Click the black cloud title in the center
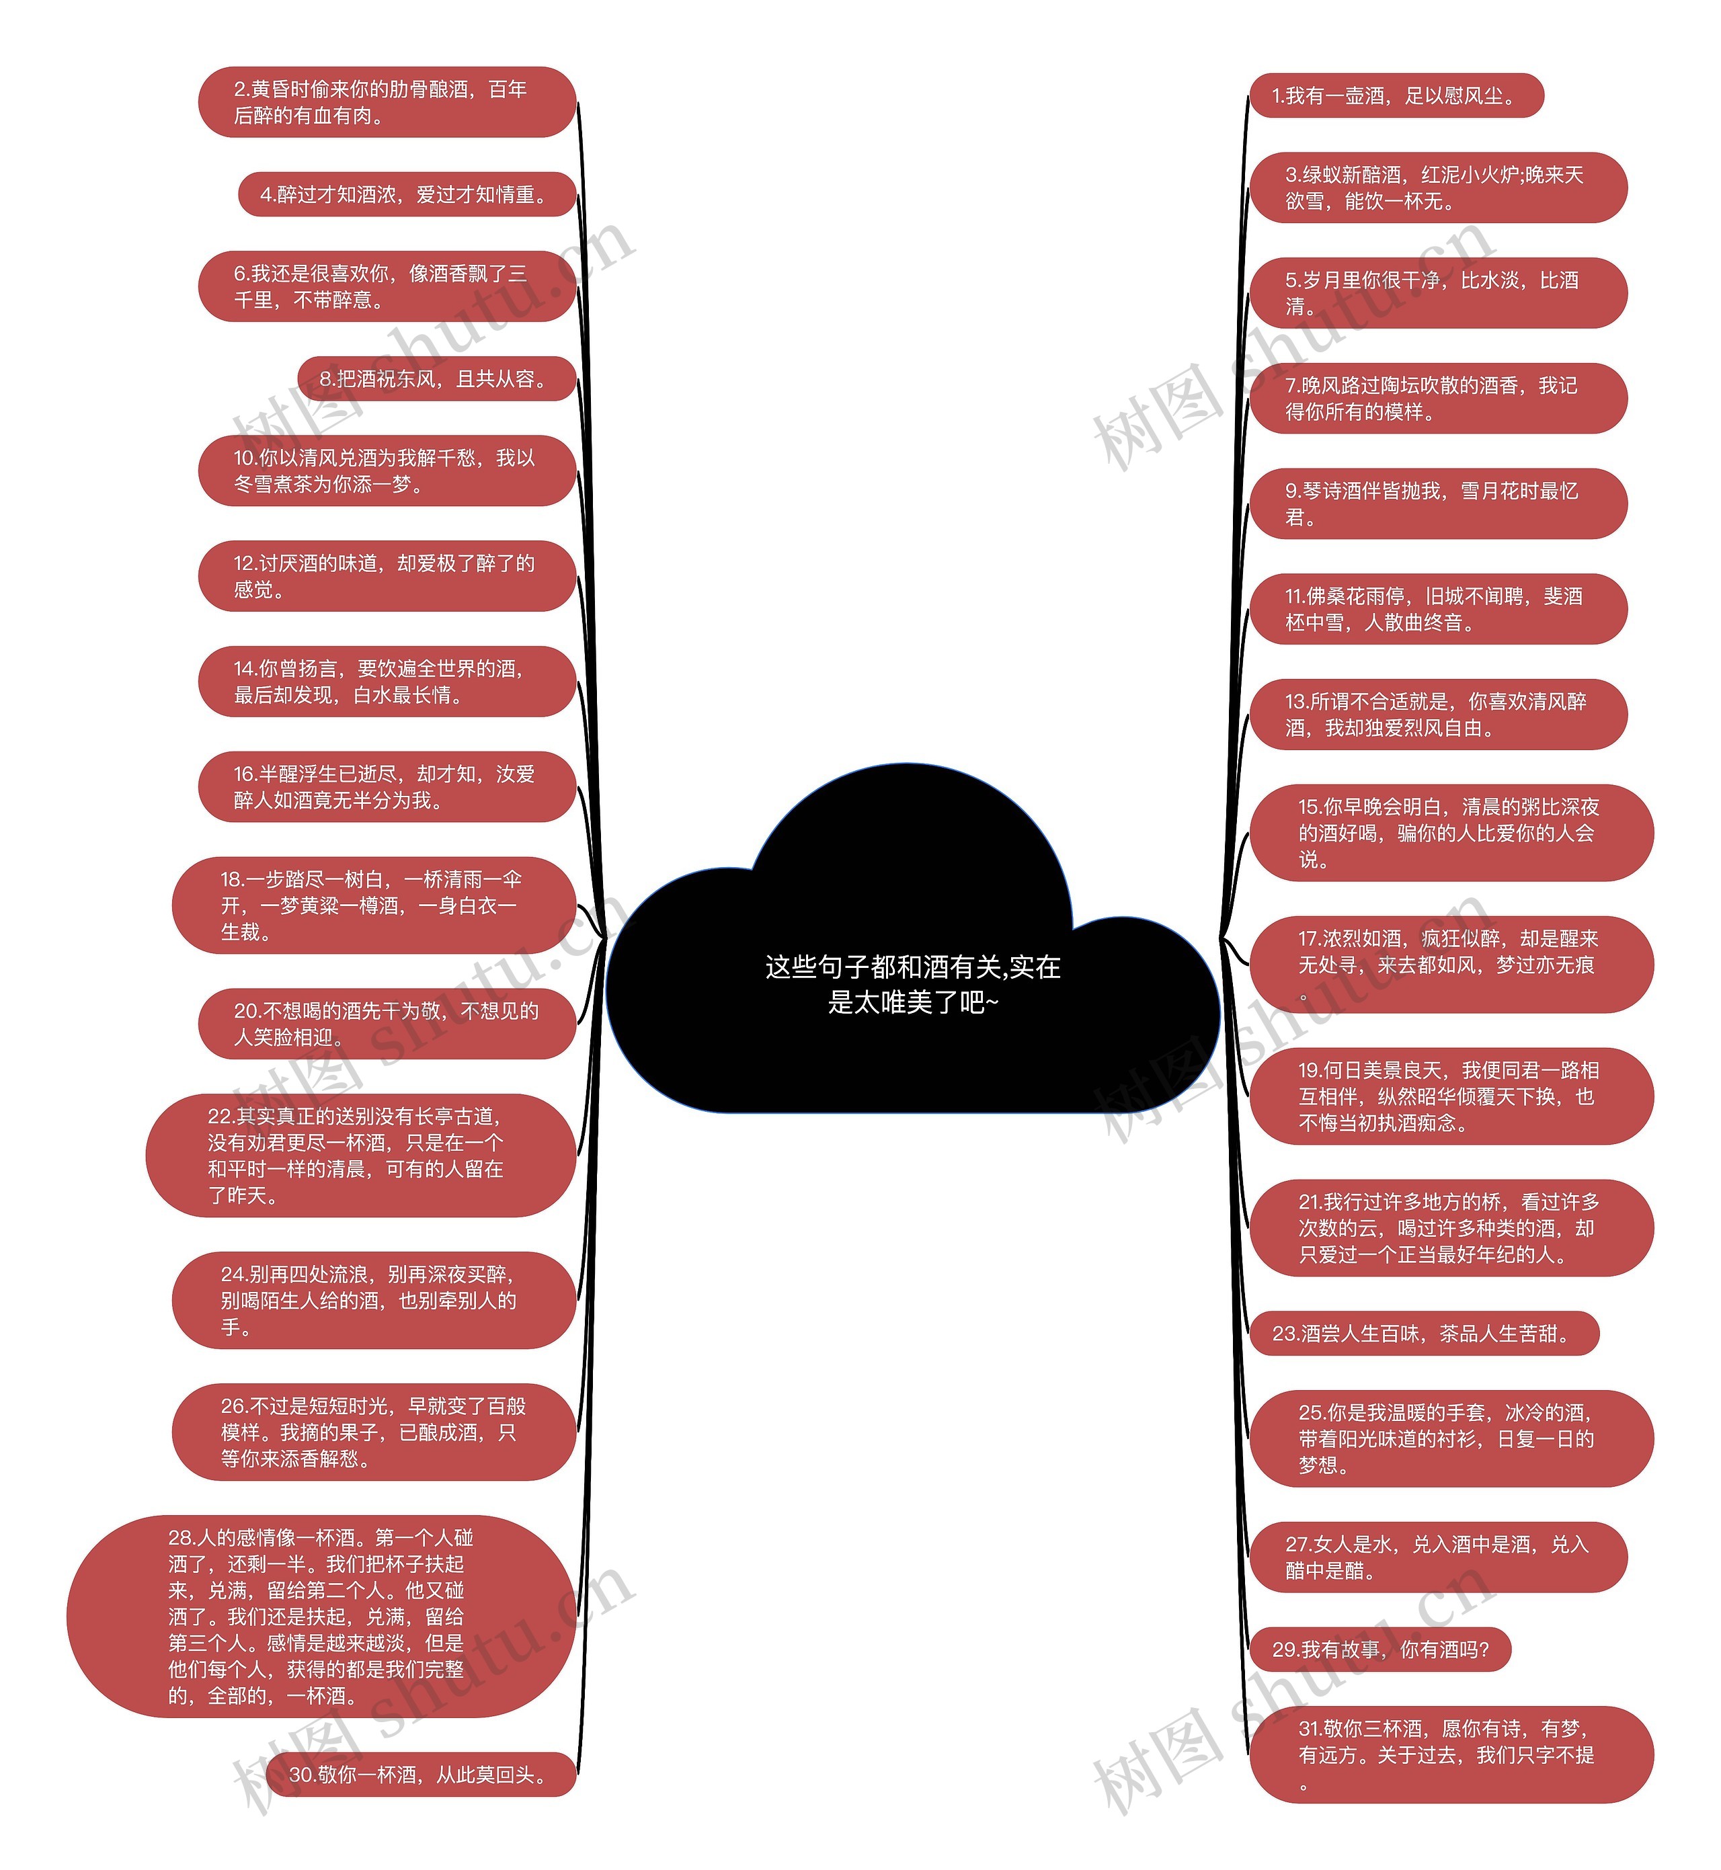click(913, 983)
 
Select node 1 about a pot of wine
click(1395, 96)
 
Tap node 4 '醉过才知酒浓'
click(406, 195)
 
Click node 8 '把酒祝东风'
click(436, 379)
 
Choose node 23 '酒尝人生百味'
click(1423, 1334)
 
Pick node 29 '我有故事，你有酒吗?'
click(1379, 1650)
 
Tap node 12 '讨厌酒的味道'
click(387, 577)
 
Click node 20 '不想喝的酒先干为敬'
click(387, 1024)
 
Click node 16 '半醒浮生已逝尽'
click(387, 787)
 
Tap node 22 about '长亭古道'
click(360, 1155)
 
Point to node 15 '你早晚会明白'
click(1450, 834)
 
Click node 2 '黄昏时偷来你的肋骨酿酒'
click(387, 102)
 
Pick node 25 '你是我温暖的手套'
click(1450, 1439)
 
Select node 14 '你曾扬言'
click(387, 682)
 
